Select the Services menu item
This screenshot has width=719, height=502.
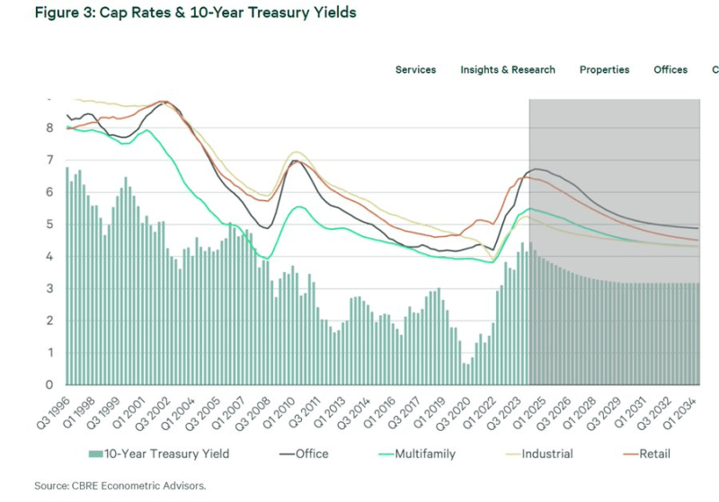415,70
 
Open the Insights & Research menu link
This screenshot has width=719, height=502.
508,70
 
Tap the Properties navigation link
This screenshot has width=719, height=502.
604,70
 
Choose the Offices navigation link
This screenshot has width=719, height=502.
670,70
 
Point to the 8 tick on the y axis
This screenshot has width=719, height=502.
51,128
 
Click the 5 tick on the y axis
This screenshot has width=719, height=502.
51,225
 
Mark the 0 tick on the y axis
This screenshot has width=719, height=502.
51,385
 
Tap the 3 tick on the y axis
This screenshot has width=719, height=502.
51,288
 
